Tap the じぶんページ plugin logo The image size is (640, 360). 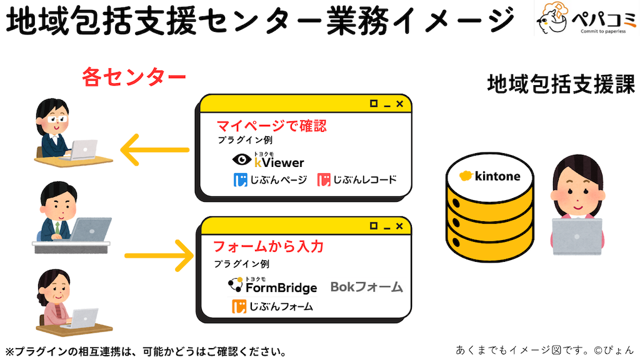coord(270,180)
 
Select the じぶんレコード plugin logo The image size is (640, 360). coord(356,180)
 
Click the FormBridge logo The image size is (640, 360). coord(272,286)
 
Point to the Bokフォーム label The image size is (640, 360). coord(366,287)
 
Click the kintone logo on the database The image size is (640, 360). coord(489,176)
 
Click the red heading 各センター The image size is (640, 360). coord(134,77)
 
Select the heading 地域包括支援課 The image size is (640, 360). coord(561,84)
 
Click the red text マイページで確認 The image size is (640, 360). coord(271,126)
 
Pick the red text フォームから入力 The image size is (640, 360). coord(268,246)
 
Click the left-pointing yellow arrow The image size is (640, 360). coord(154,150)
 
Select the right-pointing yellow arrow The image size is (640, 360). coord(159,255)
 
